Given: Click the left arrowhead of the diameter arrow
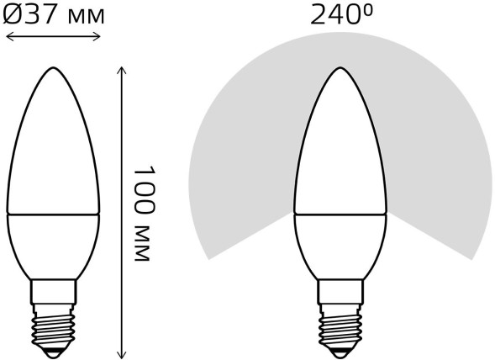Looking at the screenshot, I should pyautogui.click(x=8, y=35).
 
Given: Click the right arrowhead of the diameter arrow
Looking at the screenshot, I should pyautogui.click(x=97, y=35).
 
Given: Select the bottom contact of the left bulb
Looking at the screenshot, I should pyautogui.click(x=52, y=347).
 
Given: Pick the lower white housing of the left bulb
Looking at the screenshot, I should pyautogui.click(x=52, y=244).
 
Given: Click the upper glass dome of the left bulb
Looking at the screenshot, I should pyautogui.click(x=52, y=151).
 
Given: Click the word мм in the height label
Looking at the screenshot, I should pyautogui.click(x=144, y=245).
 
